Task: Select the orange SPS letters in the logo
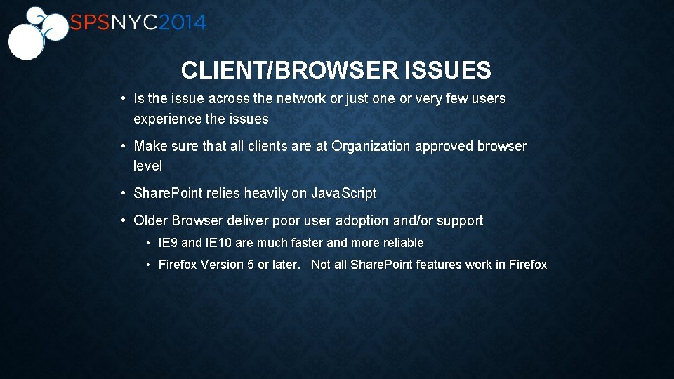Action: click(89, 23)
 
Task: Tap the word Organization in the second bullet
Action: click(371, 147)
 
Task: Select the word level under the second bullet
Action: click(147, 166)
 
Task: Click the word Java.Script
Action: click(344, 193)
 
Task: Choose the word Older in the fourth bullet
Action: click(151, 221)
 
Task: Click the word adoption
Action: click(362, 221)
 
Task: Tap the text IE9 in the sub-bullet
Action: click(168, 243)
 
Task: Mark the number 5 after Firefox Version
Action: click(251, 265)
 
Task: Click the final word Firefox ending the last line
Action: click(527, 265)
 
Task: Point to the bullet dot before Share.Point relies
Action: click(123, 193)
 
